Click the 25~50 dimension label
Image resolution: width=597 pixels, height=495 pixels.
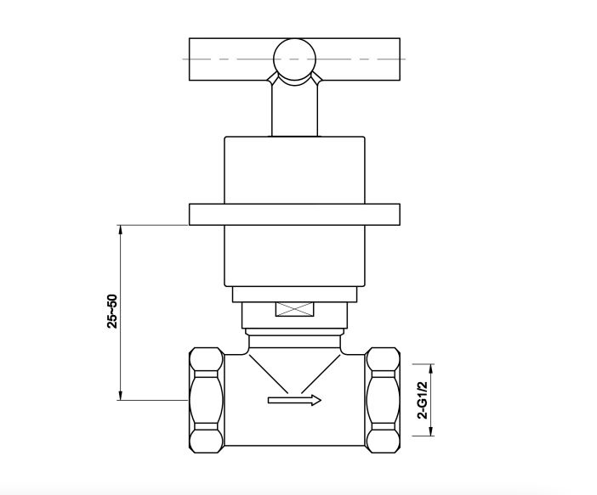(x=112, y=311)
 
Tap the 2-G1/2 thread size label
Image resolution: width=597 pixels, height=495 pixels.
(x=423, y=399)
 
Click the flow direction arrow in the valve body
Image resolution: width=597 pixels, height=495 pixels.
(x=295, y=400)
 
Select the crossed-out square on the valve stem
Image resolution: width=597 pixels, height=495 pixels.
(x=295, y=309)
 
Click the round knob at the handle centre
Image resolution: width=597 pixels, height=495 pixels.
(x=295, y=59)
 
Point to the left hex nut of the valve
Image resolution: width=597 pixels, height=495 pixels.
(x=206, y=400)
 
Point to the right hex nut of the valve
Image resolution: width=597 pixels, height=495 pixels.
(x=383, y=400)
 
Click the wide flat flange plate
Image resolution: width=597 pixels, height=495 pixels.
(x=295, y=215)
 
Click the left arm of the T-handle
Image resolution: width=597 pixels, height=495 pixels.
(x=230, y=59)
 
